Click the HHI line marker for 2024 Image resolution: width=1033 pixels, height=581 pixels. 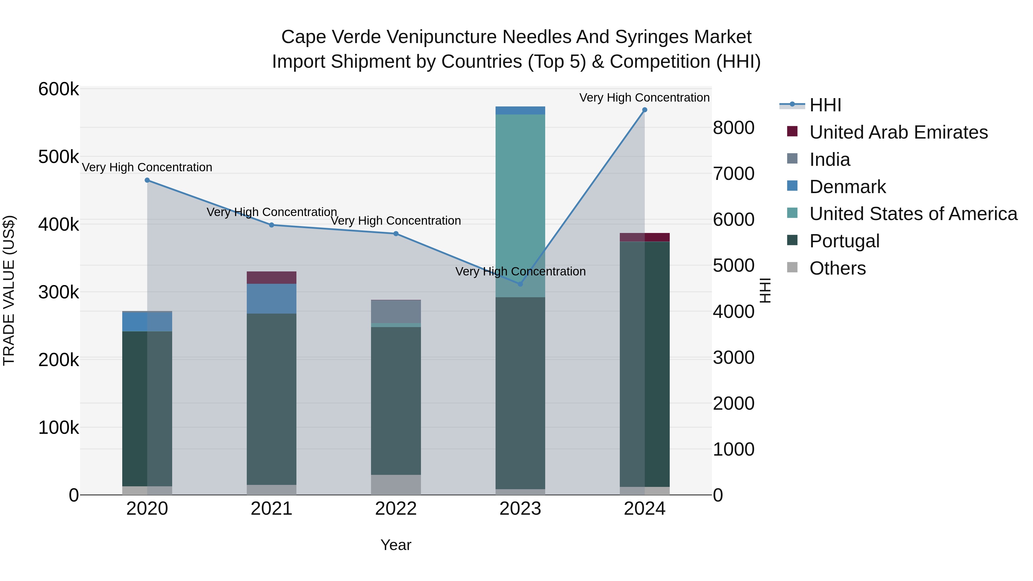coord(644,110)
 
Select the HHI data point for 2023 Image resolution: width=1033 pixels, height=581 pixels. coord(520,284)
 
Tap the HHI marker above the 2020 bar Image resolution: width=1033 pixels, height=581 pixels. coord(147,180)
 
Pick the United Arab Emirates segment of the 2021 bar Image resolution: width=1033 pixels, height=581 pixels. coord(271,277)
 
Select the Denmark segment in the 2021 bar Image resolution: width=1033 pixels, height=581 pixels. coord(271,299)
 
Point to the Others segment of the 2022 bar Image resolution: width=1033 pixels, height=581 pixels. coord(396,485)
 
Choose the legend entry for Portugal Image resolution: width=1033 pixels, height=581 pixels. coord(844,241)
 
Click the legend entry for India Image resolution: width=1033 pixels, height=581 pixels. coord(829,160)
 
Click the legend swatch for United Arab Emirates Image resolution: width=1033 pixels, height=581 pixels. coord(792,131)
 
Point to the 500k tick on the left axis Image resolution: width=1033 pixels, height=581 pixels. coord(59,157)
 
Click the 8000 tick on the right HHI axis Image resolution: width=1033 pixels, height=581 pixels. coord(733,128)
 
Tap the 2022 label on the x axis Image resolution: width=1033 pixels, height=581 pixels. coord(396,509)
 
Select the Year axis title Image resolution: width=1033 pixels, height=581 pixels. coord(396,545)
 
